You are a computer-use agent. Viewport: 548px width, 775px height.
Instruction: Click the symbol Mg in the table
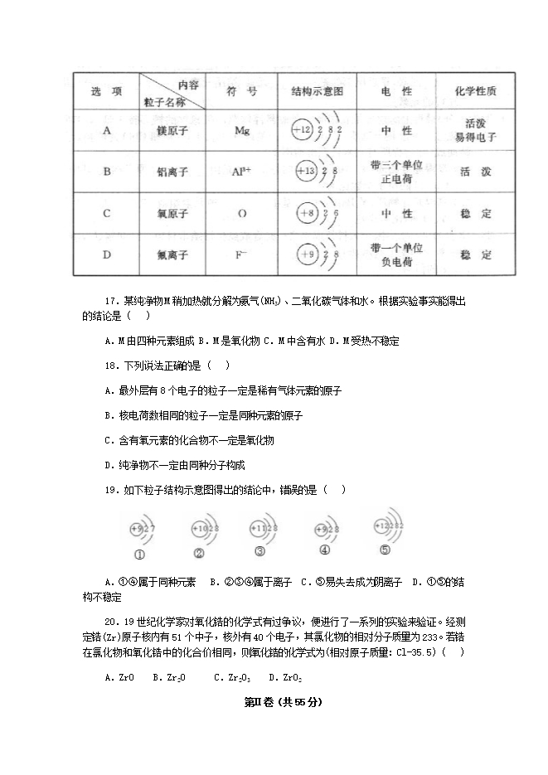(242, 131)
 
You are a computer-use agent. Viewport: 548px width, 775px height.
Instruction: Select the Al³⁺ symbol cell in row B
(242, 172)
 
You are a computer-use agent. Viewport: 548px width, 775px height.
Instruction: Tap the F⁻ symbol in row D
(242, 254)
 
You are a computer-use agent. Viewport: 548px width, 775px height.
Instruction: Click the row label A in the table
(107, 131)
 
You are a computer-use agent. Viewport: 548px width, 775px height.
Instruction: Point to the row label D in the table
(107, 254)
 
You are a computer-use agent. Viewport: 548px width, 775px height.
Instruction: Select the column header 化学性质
(476, 91)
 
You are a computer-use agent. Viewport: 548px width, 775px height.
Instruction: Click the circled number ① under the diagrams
(140, 555)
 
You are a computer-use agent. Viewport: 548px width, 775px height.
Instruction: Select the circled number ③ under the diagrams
(259, 552)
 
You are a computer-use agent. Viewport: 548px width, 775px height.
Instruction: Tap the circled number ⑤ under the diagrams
(385, 550)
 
